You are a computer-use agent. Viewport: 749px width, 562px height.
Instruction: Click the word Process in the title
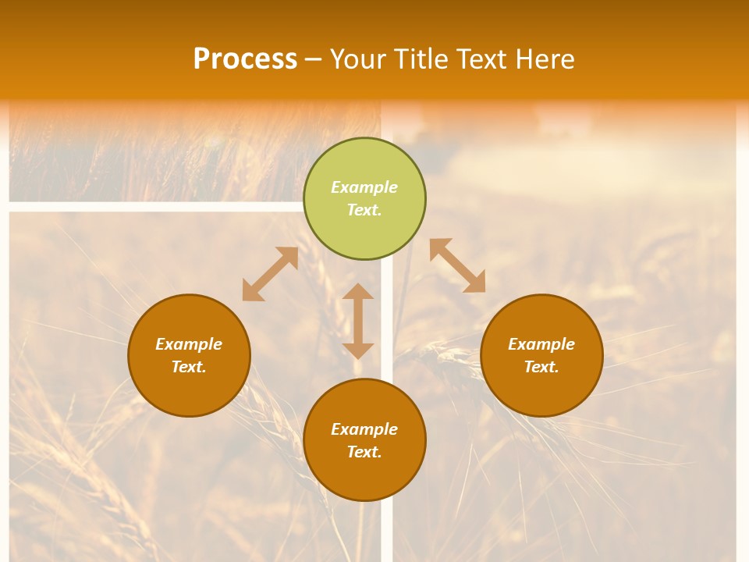245,59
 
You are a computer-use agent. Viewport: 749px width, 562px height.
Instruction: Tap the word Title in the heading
422,59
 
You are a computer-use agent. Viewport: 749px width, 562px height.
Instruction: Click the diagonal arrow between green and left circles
270,274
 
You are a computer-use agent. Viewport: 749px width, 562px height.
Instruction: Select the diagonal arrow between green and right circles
457,265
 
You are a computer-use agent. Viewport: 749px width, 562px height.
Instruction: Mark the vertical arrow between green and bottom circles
358,321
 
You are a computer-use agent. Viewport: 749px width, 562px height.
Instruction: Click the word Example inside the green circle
364,187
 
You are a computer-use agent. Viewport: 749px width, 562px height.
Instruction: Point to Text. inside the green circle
364,210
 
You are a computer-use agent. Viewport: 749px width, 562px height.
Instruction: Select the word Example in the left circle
189,344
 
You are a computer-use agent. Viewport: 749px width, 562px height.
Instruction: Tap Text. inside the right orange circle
541,367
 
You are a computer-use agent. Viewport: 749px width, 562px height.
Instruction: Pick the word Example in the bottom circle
364,429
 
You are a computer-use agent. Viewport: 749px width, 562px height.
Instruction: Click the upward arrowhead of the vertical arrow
358,291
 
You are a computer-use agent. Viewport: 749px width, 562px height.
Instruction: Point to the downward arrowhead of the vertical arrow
358,350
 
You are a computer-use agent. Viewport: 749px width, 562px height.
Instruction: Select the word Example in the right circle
541,344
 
